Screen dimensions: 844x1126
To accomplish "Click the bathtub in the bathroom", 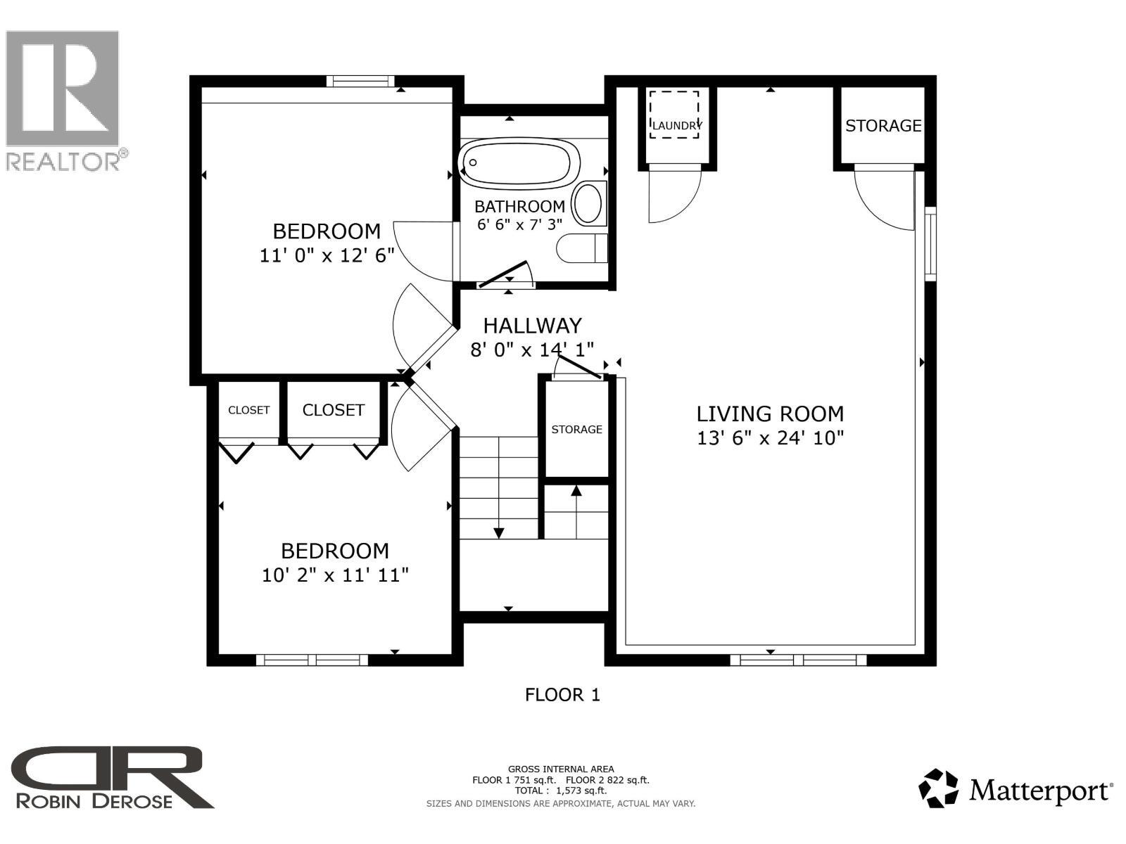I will (x=519, y=162).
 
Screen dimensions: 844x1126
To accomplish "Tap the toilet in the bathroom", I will (x=583, y=248).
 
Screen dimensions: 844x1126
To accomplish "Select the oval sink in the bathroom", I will (x=588, y=204).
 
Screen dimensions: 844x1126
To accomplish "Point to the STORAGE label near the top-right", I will (x=883, y=126).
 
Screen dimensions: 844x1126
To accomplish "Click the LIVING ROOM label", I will (x=770, y=414).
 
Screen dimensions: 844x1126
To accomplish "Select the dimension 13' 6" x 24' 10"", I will (x=770, y=438).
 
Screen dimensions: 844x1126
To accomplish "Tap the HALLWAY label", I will (x=532, y=326).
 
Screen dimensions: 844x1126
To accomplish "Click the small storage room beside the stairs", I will (x=576, y=429).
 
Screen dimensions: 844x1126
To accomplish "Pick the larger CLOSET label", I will (x=333, y=410).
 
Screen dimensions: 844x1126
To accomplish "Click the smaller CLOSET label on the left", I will (x=248, y=410).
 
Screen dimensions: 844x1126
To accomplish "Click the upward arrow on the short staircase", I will (x=576, y=492).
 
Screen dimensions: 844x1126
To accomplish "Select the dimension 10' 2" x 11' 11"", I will (x=335, y=575).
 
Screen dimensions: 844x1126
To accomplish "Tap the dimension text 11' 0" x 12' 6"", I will (x=327, y=255).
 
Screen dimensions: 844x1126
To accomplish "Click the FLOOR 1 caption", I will (x=562, y=695).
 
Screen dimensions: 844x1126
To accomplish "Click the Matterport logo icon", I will (x=939, y=788).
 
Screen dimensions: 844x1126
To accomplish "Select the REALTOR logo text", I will (x=63, y=162).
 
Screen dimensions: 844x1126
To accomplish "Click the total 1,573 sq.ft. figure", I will (x=581, y=791).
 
